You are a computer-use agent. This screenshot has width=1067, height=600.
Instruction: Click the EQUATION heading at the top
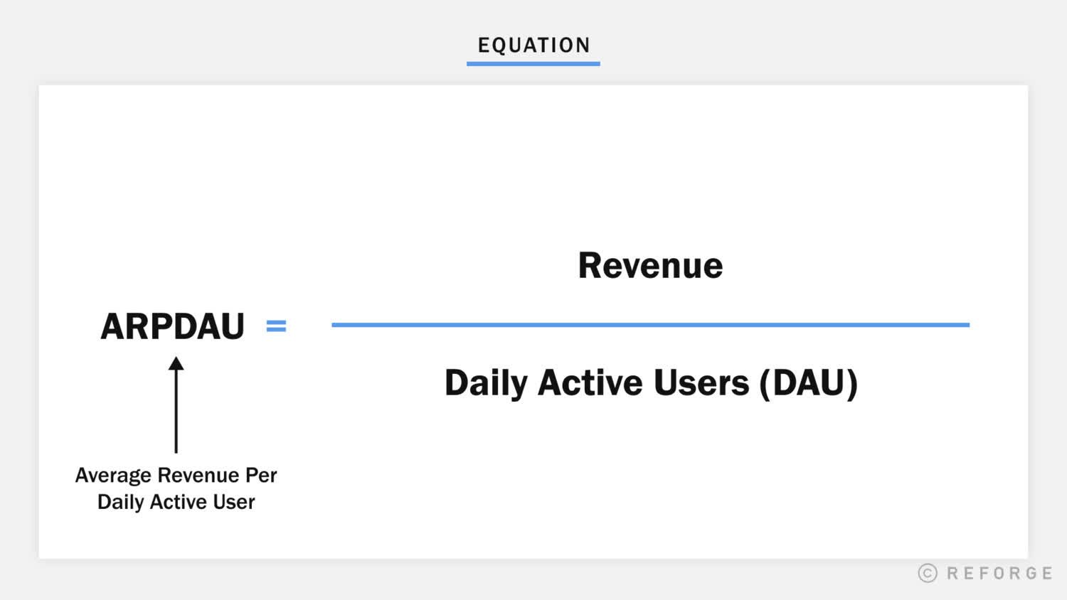point(533,45)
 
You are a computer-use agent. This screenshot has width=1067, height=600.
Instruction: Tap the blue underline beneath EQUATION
point(533,64)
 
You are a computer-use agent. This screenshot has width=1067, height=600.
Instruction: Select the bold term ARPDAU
point(173,326)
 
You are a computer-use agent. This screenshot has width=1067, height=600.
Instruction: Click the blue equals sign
point(276,326)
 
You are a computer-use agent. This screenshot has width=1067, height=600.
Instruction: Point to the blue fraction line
point(650,325)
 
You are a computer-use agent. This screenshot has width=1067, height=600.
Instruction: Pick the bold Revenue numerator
point(650,266)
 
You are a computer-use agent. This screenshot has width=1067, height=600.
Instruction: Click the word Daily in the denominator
point(486,383)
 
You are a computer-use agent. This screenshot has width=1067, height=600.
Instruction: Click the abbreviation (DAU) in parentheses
point(809,382)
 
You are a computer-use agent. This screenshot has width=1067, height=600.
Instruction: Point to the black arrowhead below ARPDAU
point(176,364)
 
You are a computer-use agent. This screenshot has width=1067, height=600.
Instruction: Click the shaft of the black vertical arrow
point(176,412)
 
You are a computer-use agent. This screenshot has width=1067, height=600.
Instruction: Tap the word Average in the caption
point(113,475)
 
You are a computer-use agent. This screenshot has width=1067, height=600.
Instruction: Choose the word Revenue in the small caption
point(198,475)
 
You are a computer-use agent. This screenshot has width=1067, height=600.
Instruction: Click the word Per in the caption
point(261,475)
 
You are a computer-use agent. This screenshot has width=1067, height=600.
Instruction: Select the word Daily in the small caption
point(120,502)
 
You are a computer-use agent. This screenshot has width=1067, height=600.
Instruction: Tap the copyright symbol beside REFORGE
point(928,573)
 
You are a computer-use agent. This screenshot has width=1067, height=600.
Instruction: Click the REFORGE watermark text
point(999,573)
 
